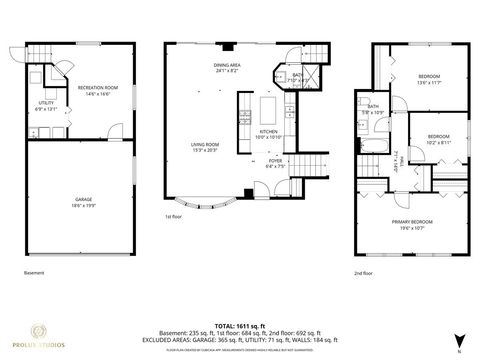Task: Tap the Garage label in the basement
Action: tap(83, 202)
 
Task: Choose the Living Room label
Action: tap(206, 147)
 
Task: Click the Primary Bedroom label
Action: tap(411, 222)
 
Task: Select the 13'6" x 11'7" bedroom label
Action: tap(429, 79)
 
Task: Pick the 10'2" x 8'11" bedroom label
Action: tap(438, 139)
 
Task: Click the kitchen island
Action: tap(268, 107)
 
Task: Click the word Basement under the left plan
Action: tap(34, 272)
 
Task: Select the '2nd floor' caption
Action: tap(362, 272)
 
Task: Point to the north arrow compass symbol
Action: tap(459, 339)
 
